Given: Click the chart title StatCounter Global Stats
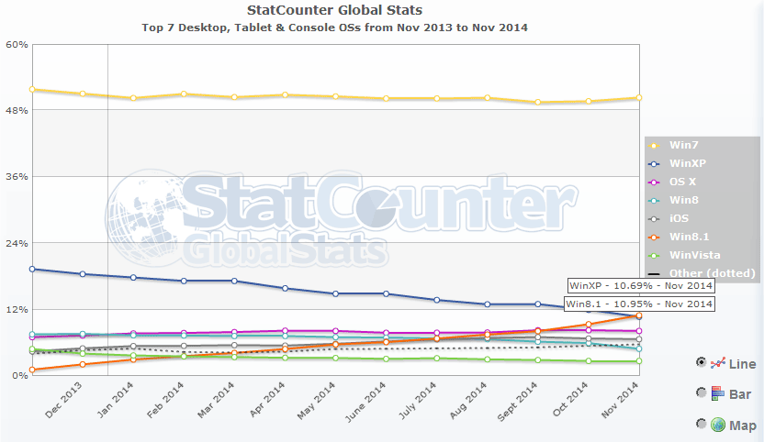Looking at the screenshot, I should [334, 10].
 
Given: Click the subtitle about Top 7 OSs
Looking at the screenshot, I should [334, 28].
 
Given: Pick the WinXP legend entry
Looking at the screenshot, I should [685, 163].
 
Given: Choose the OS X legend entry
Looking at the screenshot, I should [683, 182].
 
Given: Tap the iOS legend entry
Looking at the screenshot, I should [680, 218].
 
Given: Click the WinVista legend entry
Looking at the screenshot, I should [693, 255].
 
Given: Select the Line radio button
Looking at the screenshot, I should [702, 362].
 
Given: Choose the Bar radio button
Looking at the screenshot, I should [702, 392].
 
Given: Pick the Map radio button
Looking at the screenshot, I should [702, 424].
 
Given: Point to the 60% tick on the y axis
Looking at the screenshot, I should [17, 44].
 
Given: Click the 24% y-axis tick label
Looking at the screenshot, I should [17, 243].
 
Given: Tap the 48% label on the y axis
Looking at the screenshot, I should [17, 110].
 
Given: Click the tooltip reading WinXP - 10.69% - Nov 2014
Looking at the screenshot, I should [640, 286].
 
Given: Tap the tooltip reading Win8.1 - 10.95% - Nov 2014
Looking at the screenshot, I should [638, 304].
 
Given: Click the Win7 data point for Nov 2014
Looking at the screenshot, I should [638, 98].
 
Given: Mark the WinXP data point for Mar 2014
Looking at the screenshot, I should [234, 281].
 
